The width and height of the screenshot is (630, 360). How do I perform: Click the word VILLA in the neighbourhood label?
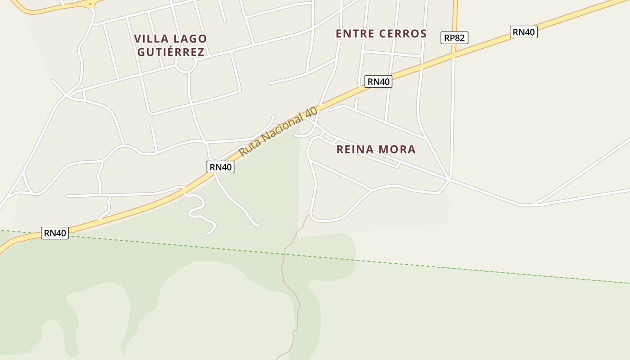click(x=150, y=39)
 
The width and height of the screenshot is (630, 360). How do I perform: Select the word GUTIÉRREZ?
click(x=171, y=52)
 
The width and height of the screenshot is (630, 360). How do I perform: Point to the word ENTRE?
click(x=355, y=34)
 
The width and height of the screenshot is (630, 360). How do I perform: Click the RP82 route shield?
click(x=454, y=38)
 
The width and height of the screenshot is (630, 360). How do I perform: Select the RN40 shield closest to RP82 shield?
click(x=524, y=32)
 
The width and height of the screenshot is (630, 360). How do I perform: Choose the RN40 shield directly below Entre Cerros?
click(x=378, y=81)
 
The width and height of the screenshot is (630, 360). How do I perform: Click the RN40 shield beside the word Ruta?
click(x=220, y=167)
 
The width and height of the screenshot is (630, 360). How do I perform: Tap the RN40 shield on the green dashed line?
click(x=55, y=233)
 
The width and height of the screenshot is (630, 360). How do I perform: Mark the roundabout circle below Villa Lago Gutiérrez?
click(x=186, y=64)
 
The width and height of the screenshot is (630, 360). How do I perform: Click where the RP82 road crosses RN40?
click(x=454, y=55)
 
